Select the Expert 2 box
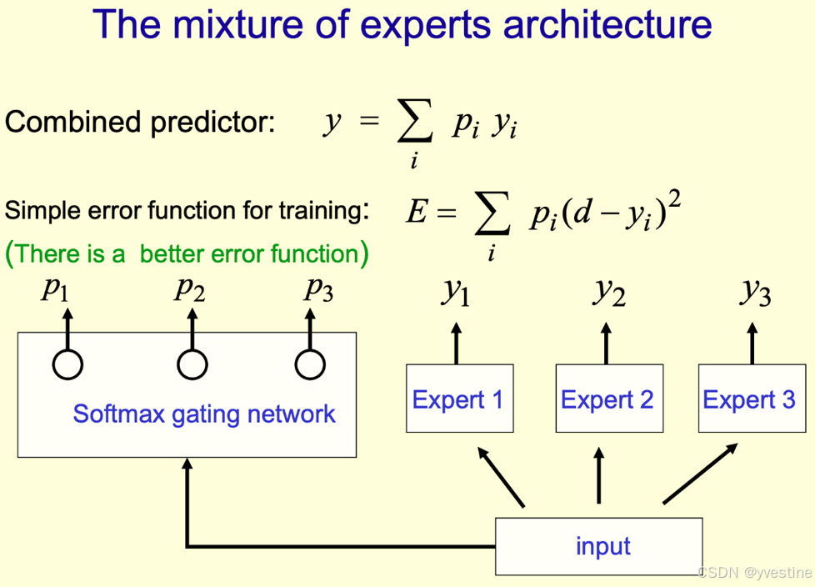[607, 399]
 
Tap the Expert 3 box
[749, 399]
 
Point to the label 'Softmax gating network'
[204, 414]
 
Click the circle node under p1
[67, 364]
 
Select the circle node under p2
[192, 364]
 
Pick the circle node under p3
[310, 364]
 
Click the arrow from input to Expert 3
[699, 474]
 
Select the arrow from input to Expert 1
[501, 476]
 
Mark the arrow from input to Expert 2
[599, 475]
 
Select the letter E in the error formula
[417, 213]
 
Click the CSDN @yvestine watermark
[753, 573]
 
